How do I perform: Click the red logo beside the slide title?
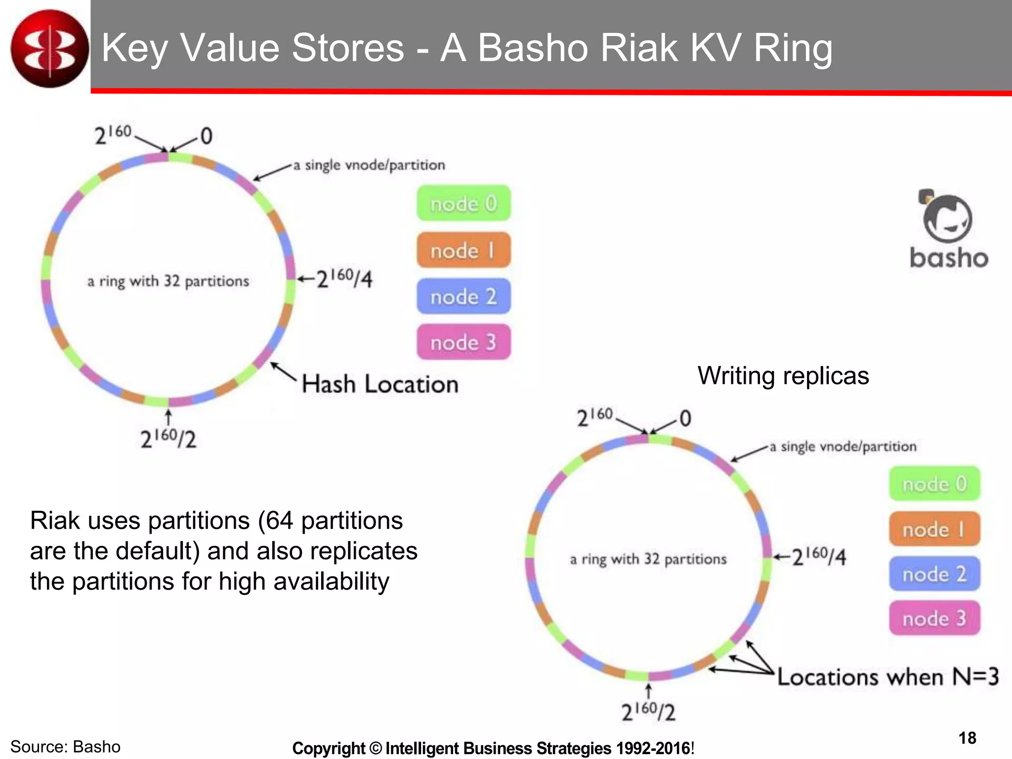point(49,48)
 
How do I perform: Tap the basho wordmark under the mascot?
point(949,258)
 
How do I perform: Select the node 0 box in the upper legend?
point(464,203)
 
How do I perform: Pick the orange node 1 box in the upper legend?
point(464,250)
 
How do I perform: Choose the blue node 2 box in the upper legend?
point(464,296)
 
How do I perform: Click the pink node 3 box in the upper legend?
point(464,342)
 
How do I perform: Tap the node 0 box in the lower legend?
point(934,483)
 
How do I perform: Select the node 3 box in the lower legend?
point(934,618)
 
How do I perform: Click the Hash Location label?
point(380,384)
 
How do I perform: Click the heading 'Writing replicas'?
point(783,376)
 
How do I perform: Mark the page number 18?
point(967,738)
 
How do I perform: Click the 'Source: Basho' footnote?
point(65,747)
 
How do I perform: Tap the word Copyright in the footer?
point(329,748)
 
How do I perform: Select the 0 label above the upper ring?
point(207,136)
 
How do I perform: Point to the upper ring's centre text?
point(168,281)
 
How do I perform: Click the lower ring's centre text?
point(648,559)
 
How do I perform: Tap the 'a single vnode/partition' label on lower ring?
point(843,447)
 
